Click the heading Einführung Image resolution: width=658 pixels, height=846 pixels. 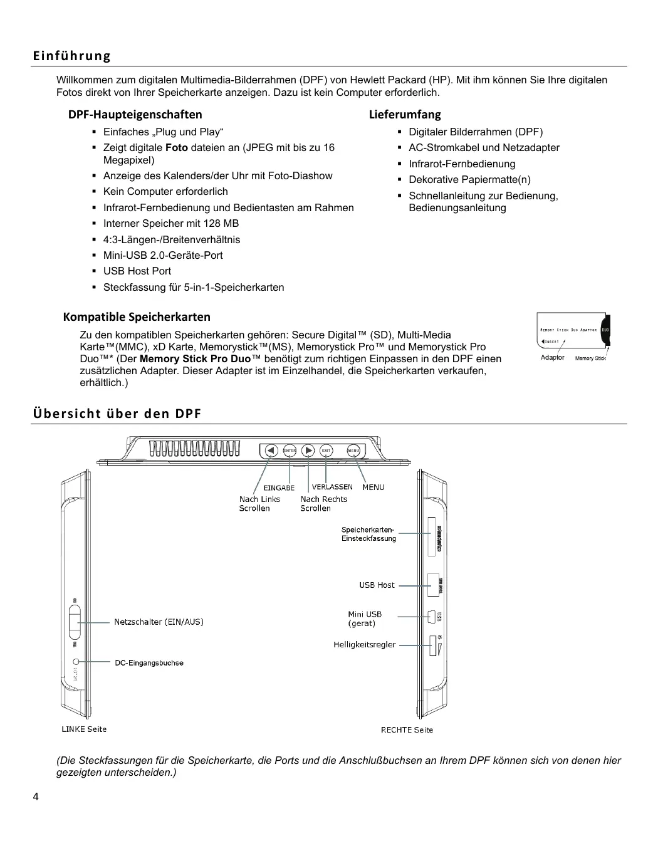click(x=71, y=56)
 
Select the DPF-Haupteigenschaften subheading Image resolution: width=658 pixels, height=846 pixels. click(x=135, y=114)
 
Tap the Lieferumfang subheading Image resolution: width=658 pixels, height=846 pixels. click(x=404, y=114)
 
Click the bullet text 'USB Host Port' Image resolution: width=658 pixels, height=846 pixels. click(x=137, y=271)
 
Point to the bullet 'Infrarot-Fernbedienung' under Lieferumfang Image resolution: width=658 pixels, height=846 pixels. click(x=461, y=164)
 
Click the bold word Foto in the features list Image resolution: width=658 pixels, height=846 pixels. click(x=176, y=147)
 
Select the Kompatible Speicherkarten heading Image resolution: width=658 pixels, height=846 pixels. click(x=137, y=316)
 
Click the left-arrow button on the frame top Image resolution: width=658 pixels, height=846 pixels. click(x=271, y=451)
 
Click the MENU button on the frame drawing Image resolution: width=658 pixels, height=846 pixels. click(x=353, y=451)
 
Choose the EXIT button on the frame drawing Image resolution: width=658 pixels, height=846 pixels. click(x=326, y=451)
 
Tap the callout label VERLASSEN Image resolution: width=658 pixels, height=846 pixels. click(x=332, y=487)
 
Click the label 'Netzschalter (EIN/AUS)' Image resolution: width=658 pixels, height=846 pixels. click(x=159, y=622)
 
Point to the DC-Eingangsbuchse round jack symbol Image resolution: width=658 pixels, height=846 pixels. click(x=76, y=662)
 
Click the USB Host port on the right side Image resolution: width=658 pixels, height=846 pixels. click(x=433, y=585)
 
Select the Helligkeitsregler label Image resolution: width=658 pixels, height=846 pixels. click(x=364, y=644)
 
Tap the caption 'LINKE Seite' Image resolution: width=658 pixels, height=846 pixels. click(x=84, y=729)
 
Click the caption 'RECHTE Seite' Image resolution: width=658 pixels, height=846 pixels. click(x=407, y=729)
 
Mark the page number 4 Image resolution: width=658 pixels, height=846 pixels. click(x=36, y=796)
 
